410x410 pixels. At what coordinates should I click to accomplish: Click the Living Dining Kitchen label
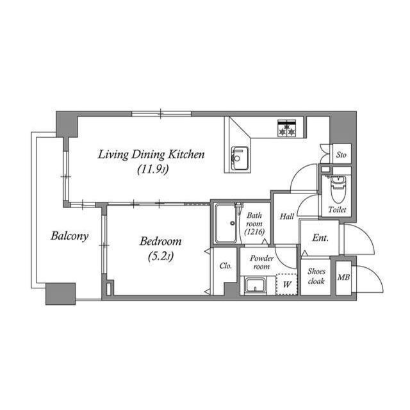pos(151,154)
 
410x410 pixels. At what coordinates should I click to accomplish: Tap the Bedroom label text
pos(160,242)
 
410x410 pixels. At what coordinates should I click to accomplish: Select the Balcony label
pos(69,236)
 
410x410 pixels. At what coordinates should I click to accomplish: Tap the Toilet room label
pos(337,210)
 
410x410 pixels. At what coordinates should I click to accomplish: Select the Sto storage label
pos(341,155)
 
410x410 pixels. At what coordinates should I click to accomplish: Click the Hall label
pos(286,217)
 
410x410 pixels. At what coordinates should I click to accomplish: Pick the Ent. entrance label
pos(320,238)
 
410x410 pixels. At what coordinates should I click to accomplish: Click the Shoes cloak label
pos(316,275)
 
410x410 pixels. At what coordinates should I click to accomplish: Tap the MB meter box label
pos(343,277)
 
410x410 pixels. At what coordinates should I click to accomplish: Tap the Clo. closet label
pos(225,266)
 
